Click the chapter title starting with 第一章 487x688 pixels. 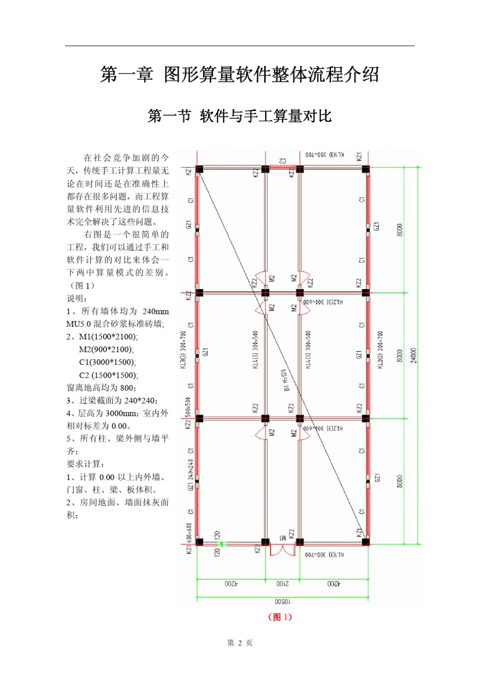tap(239, 75)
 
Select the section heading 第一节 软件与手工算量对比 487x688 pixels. tap(239, 116)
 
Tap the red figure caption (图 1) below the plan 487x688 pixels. tap(280, 617)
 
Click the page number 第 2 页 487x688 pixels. tap(239, 643)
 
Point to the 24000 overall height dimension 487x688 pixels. tap(414, 355)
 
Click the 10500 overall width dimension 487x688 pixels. tap(282, 602)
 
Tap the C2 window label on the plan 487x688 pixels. tap(282, 161)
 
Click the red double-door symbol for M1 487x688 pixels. tap(282, 550)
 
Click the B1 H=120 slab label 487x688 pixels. tap(285, 380)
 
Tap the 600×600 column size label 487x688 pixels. tap(189, 532)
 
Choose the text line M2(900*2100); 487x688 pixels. tap(106, 350)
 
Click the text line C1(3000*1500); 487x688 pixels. tap(108, 362)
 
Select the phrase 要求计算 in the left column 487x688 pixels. tap(84, 464)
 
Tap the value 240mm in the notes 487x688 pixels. tap(155, 311)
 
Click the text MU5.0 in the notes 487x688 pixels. tap(78, 324)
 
